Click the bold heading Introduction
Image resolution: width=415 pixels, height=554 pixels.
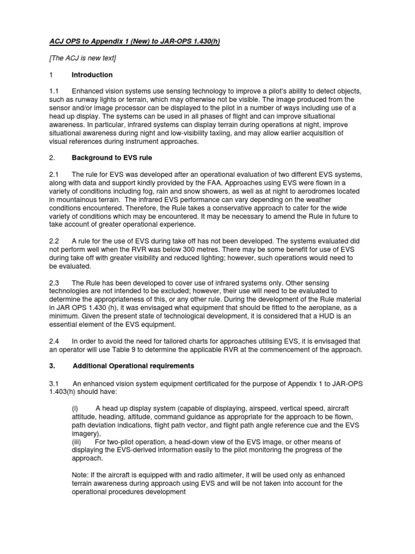tap(92, 75)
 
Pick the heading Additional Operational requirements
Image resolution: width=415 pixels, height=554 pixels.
tap(132, 366)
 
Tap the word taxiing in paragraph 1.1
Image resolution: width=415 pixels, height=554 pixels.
tap(249, 133)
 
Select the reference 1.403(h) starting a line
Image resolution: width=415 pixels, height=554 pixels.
tap(66, 392)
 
